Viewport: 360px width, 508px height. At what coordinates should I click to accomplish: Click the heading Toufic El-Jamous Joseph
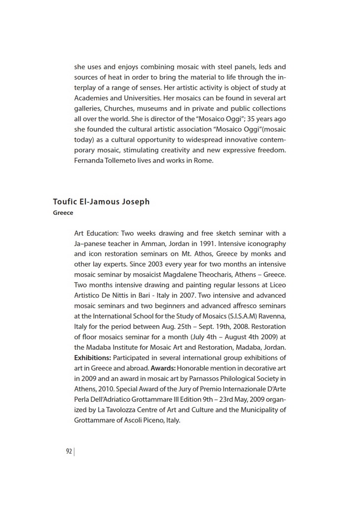[x=101, y=202]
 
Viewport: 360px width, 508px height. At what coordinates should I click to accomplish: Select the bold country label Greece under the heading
[x=63, y=213]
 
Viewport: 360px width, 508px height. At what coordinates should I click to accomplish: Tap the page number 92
[x=69, y=451]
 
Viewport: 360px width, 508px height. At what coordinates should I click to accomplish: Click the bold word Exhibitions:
[x=93, y=358]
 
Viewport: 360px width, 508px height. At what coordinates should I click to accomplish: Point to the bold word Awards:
[x=163, y=368]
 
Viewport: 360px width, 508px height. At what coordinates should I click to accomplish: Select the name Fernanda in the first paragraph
[x=88, y=160]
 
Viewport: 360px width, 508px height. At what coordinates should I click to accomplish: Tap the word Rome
[x=204, y=160]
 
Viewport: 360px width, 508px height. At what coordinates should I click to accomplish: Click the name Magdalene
[x=190, y=275]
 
